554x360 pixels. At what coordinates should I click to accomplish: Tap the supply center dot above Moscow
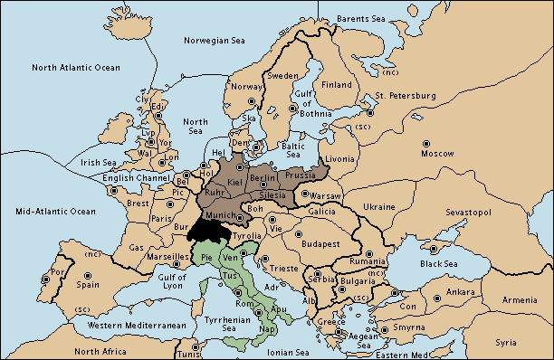pyautogui.click(x=425, y=143)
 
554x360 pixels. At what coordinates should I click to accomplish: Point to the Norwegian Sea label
pyautogui.click(x=215, y=41)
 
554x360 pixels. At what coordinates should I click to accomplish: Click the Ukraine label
pyautogui.click(x=379, y=207)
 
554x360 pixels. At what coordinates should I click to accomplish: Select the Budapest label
pyautogui.click(x=320, y=243)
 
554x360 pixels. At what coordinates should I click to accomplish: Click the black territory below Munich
pyautogui.click(x=205, y=230)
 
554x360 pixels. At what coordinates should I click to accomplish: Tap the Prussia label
pyautogui.click(x=300, y=175)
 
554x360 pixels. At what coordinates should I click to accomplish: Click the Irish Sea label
pyautogui.click(x=98, y=163)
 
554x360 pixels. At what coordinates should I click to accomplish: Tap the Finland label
pyautogui.click(x=337, y=85)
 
